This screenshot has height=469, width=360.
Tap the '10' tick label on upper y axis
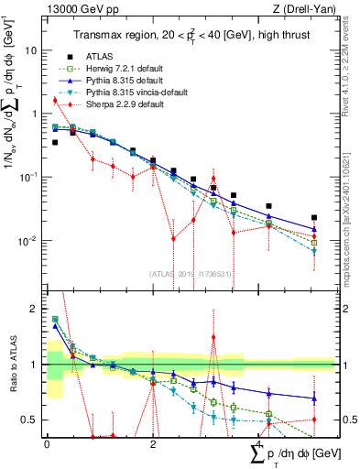[x=32, y=50]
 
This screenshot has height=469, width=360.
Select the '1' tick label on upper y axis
[x=36, y=115]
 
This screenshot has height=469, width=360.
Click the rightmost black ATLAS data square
[x=314, y=218]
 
